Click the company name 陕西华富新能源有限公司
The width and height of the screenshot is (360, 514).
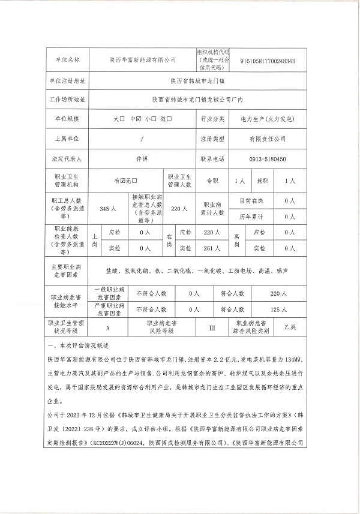coord(142,60)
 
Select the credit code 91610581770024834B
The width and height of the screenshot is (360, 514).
coord(267,60)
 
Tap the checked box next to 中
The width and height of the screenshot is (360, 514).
coord(139,119)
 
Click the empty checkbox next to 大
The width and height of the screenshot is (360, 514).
coord(122,119)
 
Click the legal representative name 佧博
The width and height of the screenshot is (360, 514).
coord(142,159)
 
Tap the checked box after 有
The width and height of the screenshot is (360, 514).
coord(124,180)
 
